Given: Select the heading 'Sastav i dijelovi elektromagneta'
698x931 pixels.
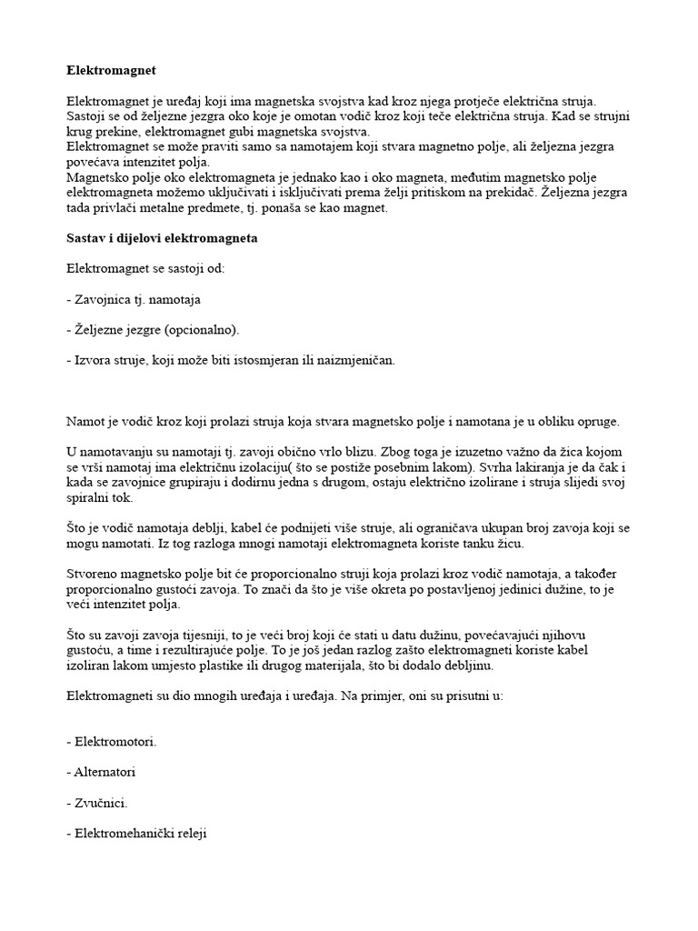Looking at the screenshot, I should pos(163,238).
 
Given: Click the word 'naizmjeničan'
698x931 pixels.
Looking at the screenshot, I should pos(353,359).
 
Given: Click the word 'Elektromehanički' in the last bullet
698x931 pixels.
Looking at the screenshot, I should pos(124,834).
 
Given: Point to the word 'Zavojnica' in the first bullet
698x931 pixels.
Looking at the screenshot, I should pos(103,297).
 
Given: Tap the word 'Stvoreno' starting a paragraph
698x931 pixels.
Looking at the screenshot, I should pos(94,576).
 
